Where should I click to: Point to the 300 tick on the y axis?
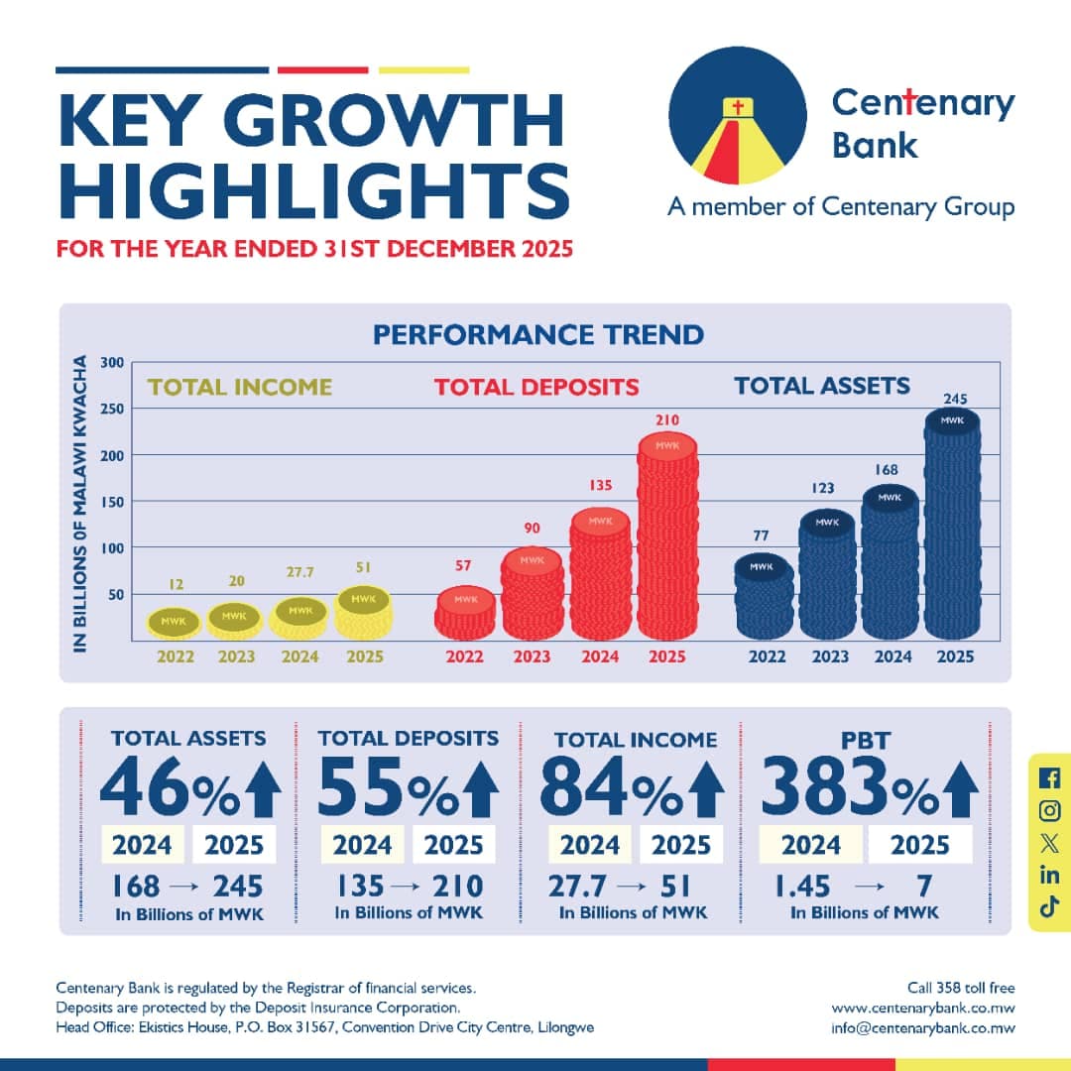111,363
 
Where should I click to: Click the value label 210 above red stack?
667,420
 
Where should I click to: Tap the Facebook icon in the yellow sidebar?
1050,778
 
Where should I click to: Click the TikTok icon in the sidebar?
1050,905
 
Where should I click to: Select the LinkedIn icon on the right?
1050,874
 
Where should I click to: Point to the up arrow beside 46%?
263,789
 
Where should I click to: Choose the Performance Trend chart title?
538,334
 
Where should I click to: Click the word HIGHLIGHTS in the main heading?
313,192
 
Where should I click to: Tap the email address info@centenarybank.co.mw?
923,1027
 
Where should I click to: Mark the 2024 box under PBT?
810,845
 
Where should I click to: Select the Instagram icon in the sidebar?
1050,810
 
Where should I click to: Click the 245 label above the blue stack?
953,399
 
